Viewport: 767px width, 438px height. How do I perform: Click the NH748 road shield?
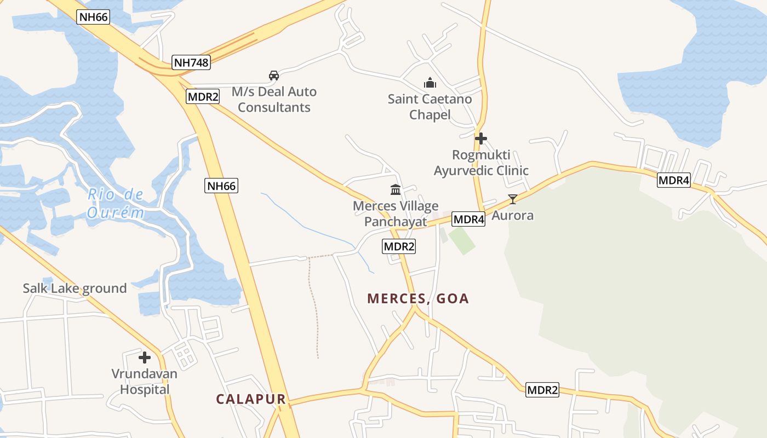point(191,62)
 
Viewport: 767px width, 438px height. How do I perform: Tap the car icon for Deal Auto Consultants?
point(274,76)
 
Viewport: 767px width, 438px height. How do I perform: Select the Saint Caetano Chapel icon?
point(430,83)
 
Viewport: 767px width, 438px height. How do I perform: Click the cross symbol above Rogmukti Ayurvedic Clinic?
point(481,139)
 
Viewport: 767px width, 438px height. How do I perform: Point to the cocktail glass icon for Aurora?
point(512,199)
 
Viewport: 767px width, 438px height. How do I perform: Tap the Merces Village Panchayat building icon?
point(396,190)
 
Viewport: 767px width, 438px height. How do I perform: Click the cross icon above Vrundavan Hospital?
point(145,358)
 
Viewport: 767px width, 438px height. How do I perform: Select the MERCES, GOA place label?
point(418,298)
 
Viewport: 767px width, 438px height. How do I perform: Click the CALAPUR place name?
point(251,399)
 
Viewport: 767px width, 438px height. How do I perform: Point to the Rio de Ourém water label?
point(116,203)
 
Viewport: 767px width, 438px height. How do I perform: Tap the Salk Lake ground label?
point(75,288)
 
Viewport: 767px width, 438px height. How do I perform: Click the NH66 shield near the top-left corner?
point(94,16)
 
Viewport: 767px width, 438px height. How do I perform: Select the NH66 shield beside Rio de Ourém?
point(221,186)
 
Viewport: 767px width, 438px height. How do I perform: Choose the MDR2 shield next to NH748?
point(203,97)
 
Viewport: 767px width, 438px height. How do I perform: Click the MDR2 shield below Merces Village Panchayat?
point(399,246)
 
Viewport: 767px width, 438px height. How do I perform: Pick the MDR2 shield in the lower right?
point(542,390)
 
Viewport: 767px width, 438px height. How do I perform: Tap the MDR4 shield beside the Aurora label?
point(469,220)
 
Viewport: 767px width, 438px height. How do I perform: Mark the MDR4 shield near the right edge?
point(673,180)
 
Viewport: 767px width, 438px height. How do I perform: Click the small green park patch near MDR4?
point(461,240)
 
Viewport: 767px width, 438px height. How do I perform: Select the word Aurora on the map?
point(512,215)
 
